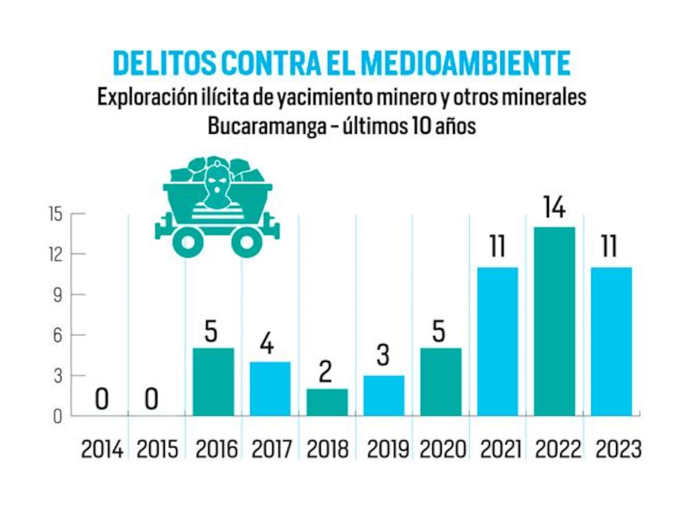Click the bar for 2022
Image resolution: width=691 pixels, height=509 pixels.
(x=555, y=321)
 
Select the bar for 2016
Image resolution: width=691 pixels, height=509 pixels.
(x=213, y=382)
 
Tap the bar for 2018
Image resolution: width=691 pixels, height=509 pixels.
(x=327, y=402)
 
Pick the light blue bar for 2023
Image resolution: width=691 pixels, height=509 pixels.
(x=612, y=341)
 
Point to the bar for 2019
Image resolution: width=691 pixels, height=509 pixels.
(x=384, y=395)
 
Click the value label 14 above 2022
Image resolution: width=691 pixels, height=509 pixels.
(x=554, y=208)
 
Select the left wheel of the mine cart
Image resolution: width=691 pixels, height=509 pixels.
(x=188, y=242)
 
